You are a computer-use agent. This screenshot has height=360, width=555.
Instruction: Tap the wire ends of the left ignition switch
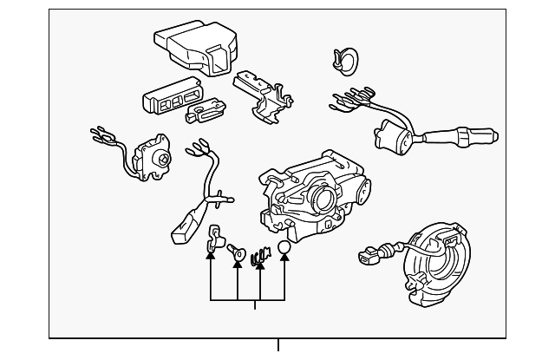point(102,137)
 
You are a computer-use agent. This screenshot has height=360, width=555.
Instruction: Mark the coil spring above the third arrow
point(258,257)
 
